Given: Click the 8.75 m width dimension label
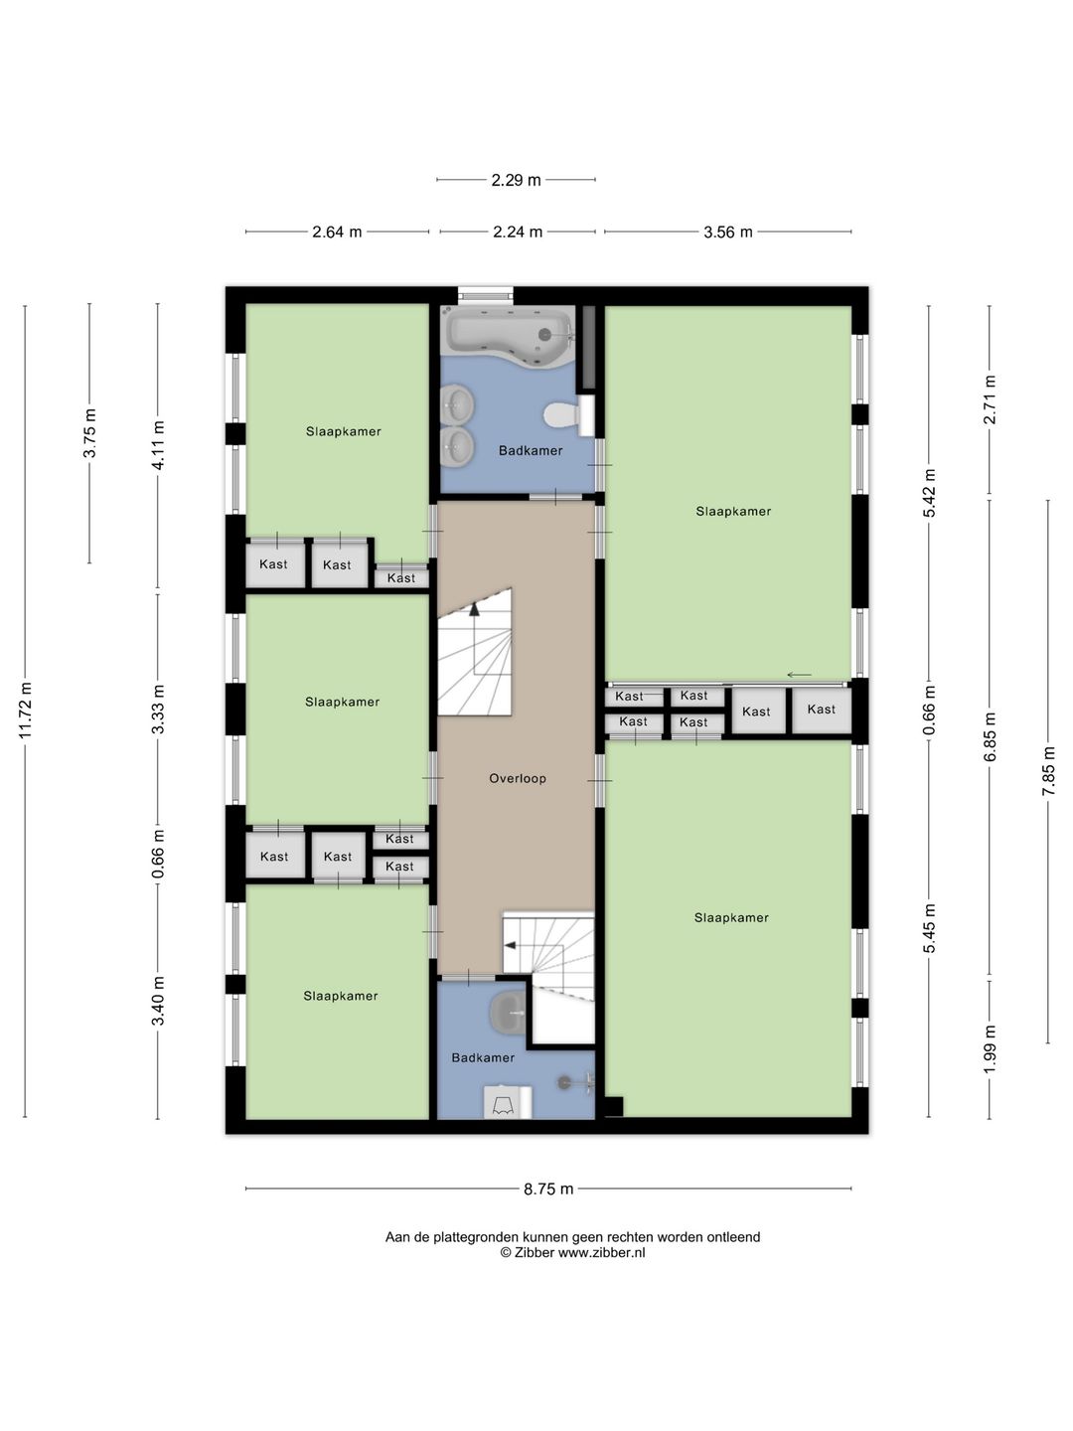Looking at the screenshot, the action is coord(548,1189).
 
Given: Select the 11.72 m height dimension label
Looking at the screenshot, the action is coord(26,710).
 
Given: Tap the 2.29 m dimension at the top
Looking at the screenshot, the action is coord(516,180).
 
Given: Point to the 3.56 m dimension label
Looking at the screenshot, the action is coord(727,233).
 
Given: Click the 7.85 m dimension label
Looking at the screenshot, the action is coord(1048,770).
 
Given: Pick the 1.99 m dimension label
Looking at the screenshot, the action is coord(990,1049).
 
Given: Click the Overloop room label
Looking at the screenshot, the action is coord(518,778).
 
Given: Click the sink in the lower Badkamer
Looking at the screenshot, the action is coord(508,1013).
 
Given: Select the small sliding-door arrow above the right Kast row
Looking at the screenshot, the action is coord(800,675).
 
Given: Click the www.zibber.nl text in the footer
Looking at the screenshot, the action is coord(601,1252).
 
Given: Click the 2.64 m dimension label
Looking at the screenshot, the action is coord(337,233).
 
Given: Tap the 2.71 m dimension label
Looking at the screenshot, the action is coord(990,399).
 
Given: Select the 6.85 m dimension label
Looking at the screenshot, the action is coord(990,736).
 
